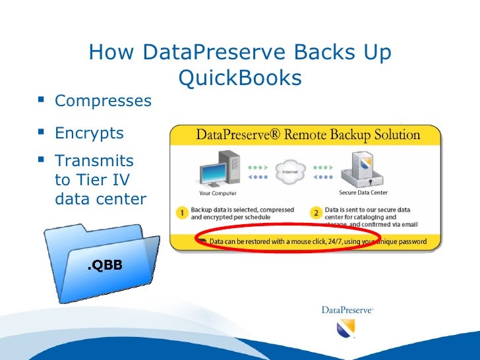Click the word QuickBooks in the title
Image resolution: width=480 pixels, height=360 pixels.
[x=240, y=78]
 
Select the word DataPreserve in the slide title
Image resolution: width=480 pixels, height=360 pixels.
[x=210, y=52]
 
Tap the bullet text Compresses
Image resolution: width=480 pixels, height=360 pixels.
[x=103, y=102]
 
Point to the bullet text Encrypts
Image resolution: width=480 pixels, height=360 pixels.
[x=89, y=133]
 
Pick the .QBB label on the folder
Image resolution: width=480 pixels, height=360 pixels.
[x=105, y=265]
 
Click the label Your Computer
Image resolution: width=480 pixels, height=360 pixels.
[x=218, y=193]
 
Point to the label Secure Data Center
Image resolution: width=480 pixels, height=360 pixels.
[x=363, y=193]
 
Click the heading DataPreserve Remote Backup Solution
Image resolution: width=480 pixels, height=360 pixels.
[x=307, y=136]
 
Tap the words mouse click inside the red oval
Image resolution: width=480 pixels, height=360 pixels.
[x=311, y=241]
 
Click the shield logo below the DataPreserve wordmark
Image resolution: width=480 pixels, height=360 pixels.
[x=346, y=327]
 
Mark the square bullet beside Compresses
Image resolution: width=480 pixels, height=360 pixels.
[x=43, y=101]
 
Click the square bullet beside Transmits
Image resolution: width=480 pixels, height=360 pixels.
[x=43, y=160]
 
